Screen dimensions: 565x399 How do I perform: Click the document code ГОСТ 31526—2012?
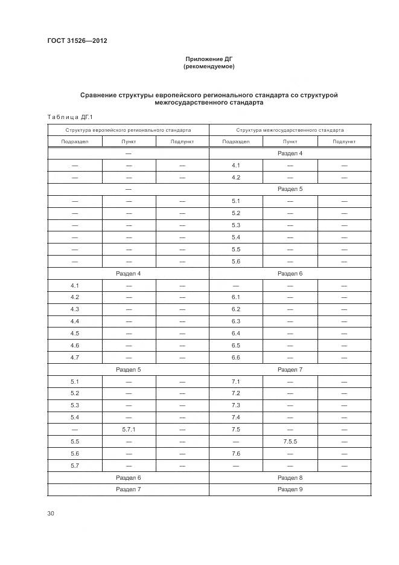[x=72, y=40]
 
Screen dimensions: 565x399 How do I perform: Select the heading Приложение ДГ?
[x=209, y=59]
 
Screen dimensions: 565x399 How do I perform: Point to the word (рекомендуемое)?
[x=209, y=66]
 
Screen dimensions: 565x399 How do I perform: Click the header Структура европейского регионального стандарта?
[x=128, y=130]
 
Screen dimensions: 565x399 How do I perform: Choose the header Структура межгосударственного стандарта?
[x=290, y=130]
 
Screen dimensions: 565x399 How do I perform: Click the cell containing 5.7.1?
[x=129, y=430]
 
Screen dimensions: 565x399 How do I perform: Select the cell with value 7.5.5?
[x=290, y=442]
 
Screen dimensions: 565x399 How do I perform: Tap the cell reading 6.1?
[x=235, y=297]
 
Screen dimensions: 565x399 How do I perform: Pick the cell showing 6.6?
[x=235, y=358]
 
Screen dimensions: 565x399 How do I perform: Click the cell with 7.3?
[x=235, y=405]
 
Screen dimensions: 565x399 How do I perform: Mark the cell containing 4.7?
[x=75, y=358]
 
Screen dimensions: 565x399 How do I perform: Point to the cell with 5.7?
[x=75, y=466]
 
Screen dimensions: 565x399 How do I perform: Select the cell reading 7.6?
[x=235, y=454]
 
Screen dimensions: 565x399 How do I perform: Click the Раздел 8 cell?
[x=290, y=477]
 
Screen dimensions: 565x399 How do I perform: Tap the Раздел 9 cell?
[x=290, y=489]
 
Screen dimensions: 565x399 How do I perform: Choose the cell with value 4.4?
[x=75, y=321]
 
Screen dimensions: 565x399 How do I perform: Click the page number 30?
[x=51, y=514]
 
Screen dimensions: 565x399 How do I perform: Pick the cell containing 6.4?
[x=235, y=334]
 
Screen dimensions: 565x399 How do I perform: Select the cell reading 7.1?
[x=235, y=382]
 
